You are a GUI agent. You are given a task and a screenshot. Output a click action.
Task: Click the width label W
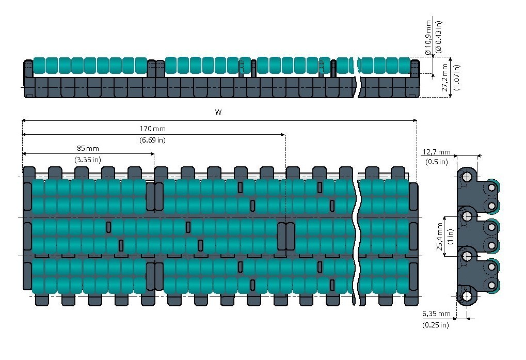tap(218, 113)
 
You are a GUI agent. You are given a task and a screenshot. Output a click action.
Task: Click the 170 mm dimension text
tap(153, 129)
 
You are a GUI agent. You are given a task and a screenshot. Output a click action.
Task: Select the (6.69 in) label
tap(153, 140)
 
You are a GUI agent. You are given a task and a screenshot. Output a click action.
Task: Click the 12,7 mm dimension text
tap(436, 152)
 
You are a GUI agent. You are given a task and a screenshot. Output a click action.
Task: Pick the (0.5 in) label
tap(436, 162)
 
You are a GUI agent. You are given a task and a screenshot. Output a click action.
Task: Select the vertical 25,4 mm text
tap(439, 236)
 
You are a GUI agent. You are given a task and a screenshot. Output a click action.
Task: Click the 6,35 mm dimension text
tap(436, 314)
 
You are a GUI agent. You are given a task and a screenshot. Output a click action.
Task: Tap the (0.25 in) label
tap(436, 325)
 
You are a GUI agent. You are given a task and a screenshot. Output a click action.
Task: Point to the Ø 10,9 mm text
tap(428, 38)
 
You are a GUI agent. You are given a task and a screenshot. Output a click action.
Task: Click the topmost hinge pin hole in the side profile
tap(467, 176)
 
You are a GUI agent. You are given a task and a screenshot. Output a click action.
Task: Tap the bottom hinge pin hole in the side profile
tap(467, 296)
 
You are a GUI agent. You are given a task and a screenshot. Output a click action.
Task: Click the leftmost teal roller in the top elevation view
tap(39, 66)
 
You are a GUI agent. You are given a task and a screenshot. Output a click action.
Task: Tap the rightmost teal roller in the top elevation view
tap(405, 66)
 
